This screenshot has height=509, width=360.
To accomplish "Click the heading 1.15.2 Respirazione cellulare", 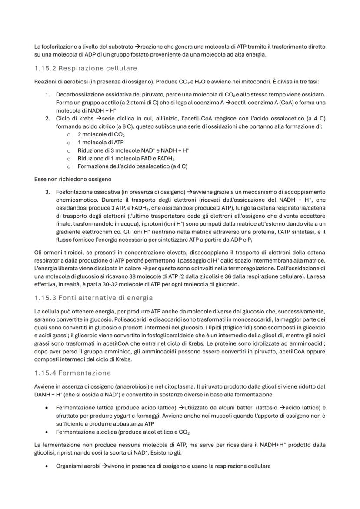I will click(85, 69).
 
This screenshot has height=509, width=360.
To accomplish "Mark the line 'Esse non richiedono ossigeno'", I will click(73, 178).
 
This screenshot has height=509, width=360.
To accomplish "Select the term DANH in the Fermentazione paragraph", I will click(41, 394).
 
